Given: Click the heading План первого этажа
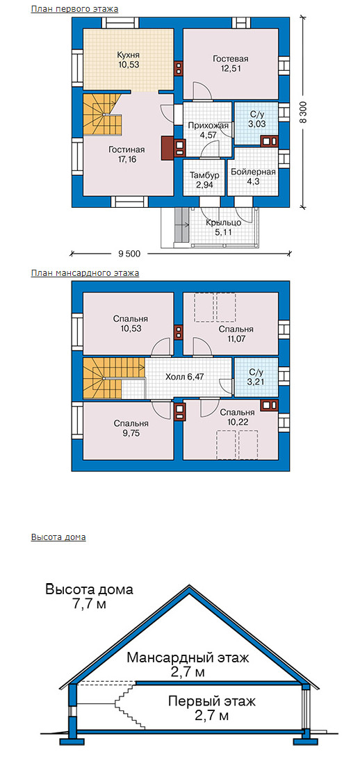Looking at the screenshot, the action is point(74,9).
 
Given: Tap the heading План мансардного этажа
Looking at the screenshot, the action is point(85,273).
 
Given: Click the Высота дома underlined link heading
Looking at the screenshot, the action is point(58,537).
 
